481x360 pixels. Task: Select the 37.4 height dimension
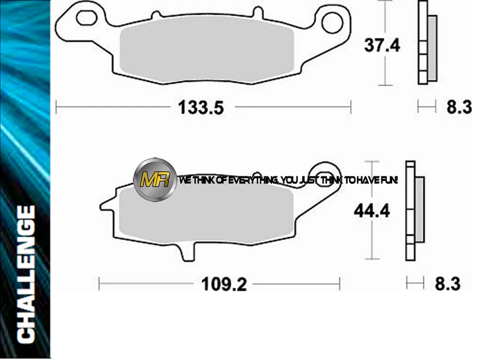(x=382, y=46)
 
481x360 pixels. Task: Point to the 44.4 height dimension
(x=372, y=211)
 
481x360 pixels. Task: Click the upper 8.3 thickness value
(x=459, y=107)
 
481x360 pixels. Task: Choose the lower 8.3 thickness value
(x=447, y=284)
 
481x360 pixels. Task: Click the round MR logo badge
(x=155, y=180)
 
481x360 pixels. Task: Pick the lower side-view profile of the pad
(x=414, y=211)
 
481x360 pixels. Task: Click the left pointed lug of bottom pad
(x=106, y=205)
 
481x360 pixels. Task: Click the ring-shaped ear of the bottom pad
(x=326, y=173)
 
